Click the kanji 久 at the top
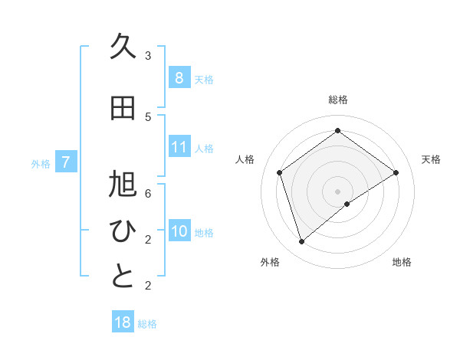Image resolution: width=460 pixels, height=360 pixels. pos(123,47)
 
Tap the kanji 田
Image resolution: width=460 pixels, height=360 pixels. pos(123,108)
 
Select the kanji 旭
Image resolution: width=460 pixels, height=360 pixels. pos(123,185)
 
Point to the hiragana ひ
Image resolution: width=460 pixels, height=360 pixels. pos(123,231)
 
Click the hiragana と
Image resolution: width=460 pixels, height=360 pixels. pos(123,277)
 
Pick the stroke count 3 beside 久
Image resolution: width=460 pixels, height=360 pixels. pos(148,56)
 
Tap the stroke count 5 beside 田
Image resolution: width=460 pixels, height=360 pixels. pos(148,116)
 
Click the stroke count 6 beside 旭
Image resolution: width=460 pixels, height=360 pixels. pos(148,194)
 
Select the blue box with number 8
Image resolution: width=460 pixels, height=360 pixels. pos(179,78)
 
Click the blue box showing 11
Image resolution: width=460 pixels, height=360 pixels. pos(179,147)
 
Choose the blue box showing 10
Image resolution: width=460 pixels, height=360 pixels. pos(179,231)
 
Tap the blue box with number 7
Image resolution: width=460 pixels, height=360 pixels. pos(66,162)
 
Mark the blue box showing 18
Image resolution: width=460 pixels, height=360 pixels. pos(123,322)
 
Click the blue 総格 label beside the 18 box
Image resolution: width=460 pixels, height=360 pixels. pos(147,324)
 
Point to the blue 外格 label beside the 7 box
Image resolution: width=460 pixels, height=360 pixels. pos(41,163)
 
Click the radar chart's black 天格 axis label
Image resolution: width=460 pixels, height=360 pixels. pos(431,159)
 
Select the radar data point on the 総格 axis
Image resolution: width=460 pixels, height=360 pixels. pos(337,130)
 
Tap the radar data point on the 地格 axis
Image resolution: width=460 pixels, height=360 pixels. pos(347,204)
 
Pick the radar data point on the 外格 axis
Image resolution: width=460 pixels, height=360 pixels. pos(301,242)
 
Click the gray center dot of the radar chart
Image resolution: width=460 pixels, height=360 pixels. pos(337,191)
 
